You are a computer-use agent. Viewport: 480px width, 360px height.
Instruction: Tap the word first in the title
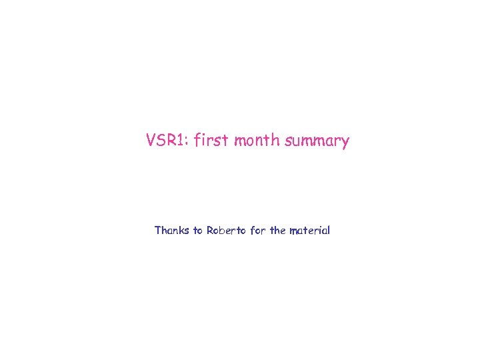(x=211, y=141)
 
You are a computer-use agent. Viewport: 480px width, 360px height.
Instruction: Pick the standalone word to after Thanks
(x=198, y=231)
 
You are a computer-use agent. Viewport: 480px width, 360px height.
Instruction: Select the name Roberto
(x=226, y=231)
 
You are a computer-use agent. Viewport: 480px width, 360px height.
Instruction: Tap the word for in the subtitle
(x=258, y=231)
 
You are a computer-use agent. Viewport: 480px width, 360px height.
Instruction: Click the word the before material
(x=278, y=231)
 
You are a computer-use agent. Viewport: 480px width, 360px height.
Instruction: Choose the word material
(x=309, y=231)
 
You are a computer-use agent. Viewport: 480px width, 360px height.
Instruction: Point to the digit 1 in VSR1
(x=185, y=141)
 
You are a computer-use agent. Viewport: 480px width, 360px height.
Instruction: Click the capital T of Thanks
(x=158, y=231)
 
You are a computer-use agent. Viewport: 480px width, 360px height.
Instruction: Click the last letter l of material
(x=329, y=231)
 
